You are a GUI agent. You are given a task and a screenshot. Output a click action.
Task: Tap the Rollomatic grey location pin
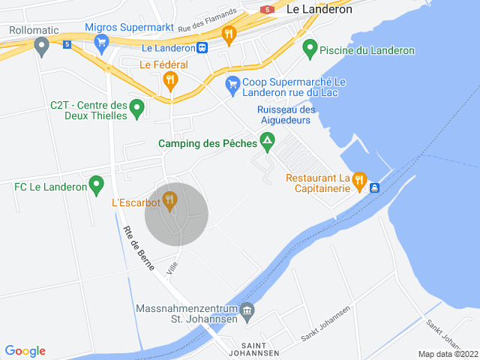click(x=42, y=47)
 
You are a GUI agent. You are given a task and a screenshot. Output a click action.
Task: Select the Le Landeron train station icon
click(x=202, y=48)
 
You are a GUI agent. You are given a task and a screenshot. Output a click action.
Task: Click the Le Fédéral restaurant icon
click(x=170, y=80)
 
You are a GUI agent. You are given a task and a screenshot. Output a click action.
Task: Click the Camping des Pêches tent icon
click(x=267, y=141)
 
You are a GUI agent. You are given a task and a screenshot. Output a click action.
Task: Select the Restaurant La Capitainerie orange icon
click(x=358, y=180)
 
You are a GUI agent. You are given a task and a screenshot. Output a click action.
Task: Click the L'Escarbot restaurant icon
click(x=170, y=200)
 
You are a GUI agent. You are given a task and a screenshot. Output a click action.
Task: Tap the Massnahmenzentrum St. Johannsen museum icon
click(x=248, y=310)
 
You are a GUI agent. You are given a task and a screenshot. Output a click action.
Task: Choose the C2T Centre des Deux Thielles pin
click(x=136, y=109)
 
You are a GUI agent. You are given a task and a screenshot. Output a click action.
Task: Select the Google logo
click(x=25, y=351)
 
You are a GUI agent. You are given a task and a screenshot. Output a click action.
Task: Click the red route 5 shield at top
click(x=266, y=10)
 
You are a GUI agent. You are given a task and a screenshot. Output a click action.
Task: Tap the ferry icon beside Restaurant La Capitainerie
click(x=374, y=187)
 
